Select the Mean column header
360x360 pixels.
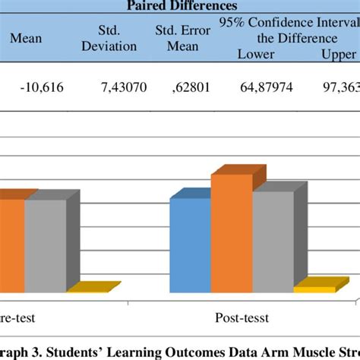(x=26, y=38)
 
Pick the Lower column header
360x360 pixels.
(x=256, y=53)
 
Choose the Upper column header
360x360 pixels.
(x=337, y=53)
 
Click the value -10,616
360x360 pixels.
(x=42, y=88)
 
